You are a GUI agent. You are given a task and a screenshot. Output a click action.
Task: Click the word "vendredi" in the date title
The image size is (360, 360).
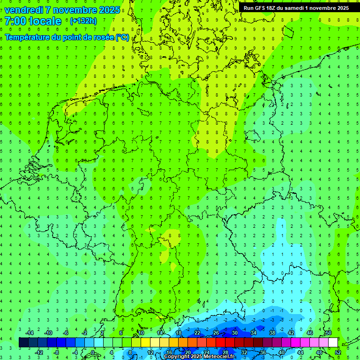click(23, 10)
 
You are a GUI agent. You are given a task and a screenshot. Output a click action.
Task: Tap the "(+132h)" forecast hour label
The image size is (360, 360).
click(83, 21)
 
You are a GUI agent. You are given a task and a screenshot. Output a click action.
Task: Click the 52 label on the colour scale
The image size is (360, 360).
click(338, 352)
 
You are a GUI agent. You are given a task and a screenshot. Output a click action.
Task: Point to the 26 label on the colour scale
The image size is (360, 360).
click(216, 333)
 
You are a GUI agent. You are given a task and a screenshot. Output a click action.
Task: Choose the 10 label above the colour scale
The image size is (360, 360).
click(141, 333)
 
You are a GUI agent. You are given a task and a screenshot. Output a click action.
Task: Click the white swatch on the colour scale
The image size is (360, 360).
click(333, 342)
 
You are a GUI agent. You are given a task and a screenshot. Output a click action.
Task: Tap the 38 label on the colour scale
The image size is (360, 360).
click(272, 333)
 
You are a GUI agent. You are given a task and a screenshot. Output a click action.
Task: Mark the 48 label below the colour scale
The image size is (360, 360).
click(319, 352)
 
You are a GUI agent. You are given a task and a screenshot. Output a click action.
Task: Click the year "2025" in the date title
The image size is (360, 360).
click(109, 10)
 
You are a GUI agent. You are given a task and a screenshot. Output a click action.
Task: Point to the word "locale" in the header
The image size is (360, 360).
click(45, 21)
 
